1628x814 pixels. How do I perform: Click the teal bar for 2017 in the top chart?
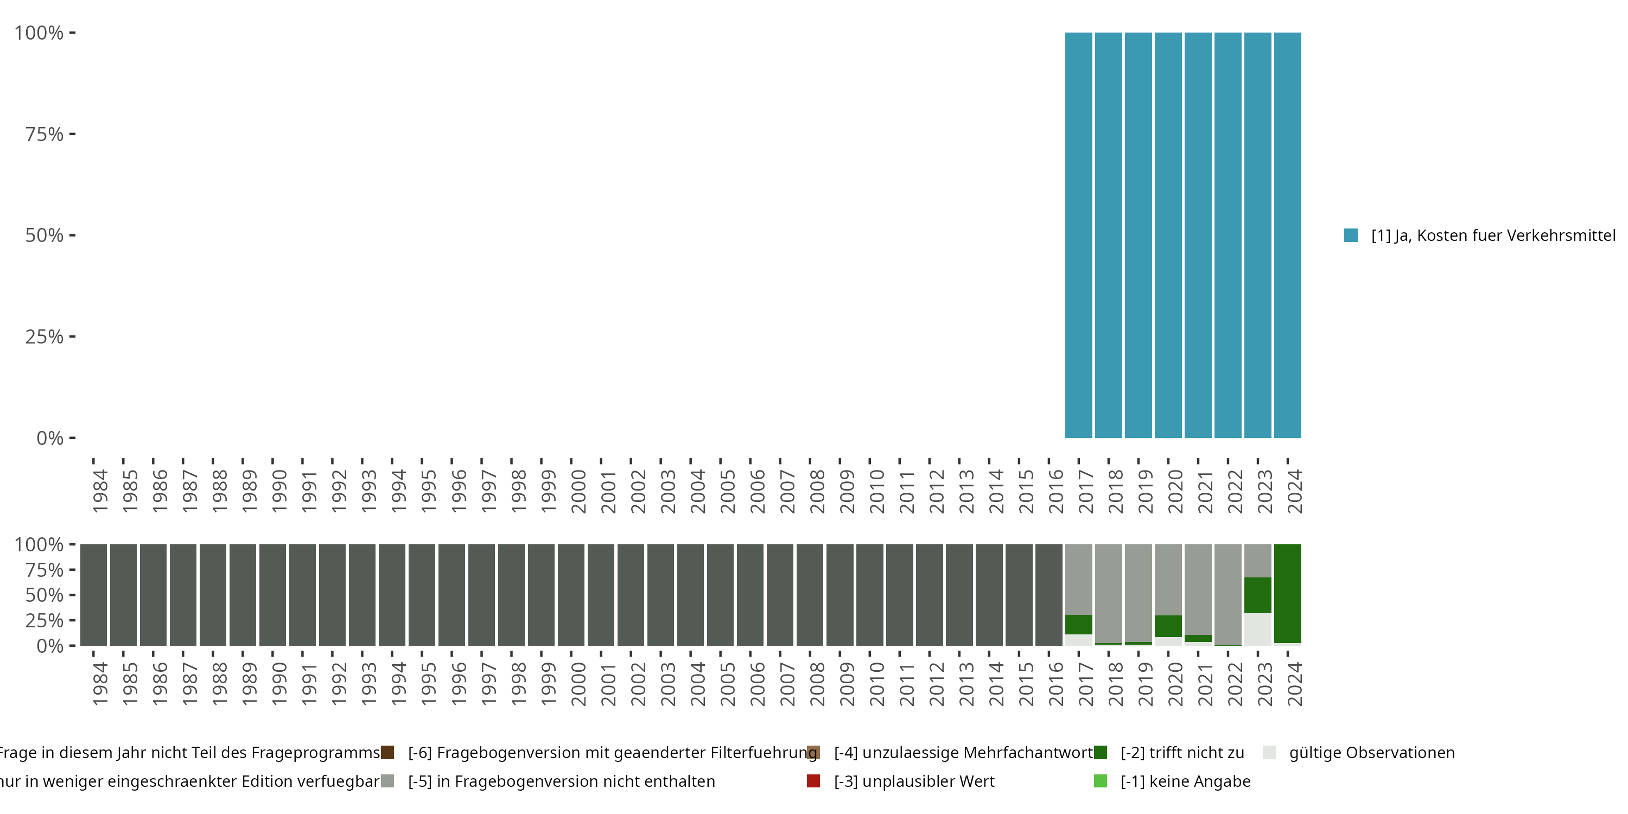(x=1078, y=235)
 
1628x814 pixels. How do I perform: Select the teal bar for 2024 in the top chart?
(x=1287, y=235)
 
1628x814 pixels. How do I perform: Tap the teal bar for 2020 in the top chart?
(x=1168, y=235)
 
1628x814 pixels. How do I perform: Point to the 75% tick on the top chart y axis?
(x=72, y=134)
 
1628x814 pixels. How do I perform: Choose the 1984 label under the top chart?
(x=100, y=491)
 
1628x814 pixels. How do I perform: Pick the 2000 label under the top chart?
(x=577, y=491)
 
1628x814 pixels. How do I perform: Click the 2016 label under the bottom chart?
(x=1055, y=684)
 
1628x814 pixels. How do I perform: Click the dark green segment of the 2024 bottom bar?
(x=1287, y=593)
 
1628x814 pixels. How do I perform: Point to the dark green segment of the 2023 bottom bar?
(x=1258, y=595)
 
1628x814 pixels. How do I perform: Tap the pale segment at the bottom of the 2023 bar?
(x=1258, y=629)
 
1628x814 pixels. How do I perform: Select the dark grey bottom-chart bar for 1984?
(x=93, y=595)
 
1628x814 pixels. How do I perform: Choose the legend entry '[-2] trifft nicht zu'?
(x=1182, y=753)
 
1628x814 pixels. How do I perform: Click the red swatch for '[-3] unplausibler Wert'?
(x=813, y=781)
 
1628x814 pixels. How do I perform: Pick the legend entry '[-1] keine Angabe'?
(x=1185, y=781)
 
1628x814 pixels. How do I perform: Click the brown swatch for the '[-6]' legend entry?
(x=387, y=753)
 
